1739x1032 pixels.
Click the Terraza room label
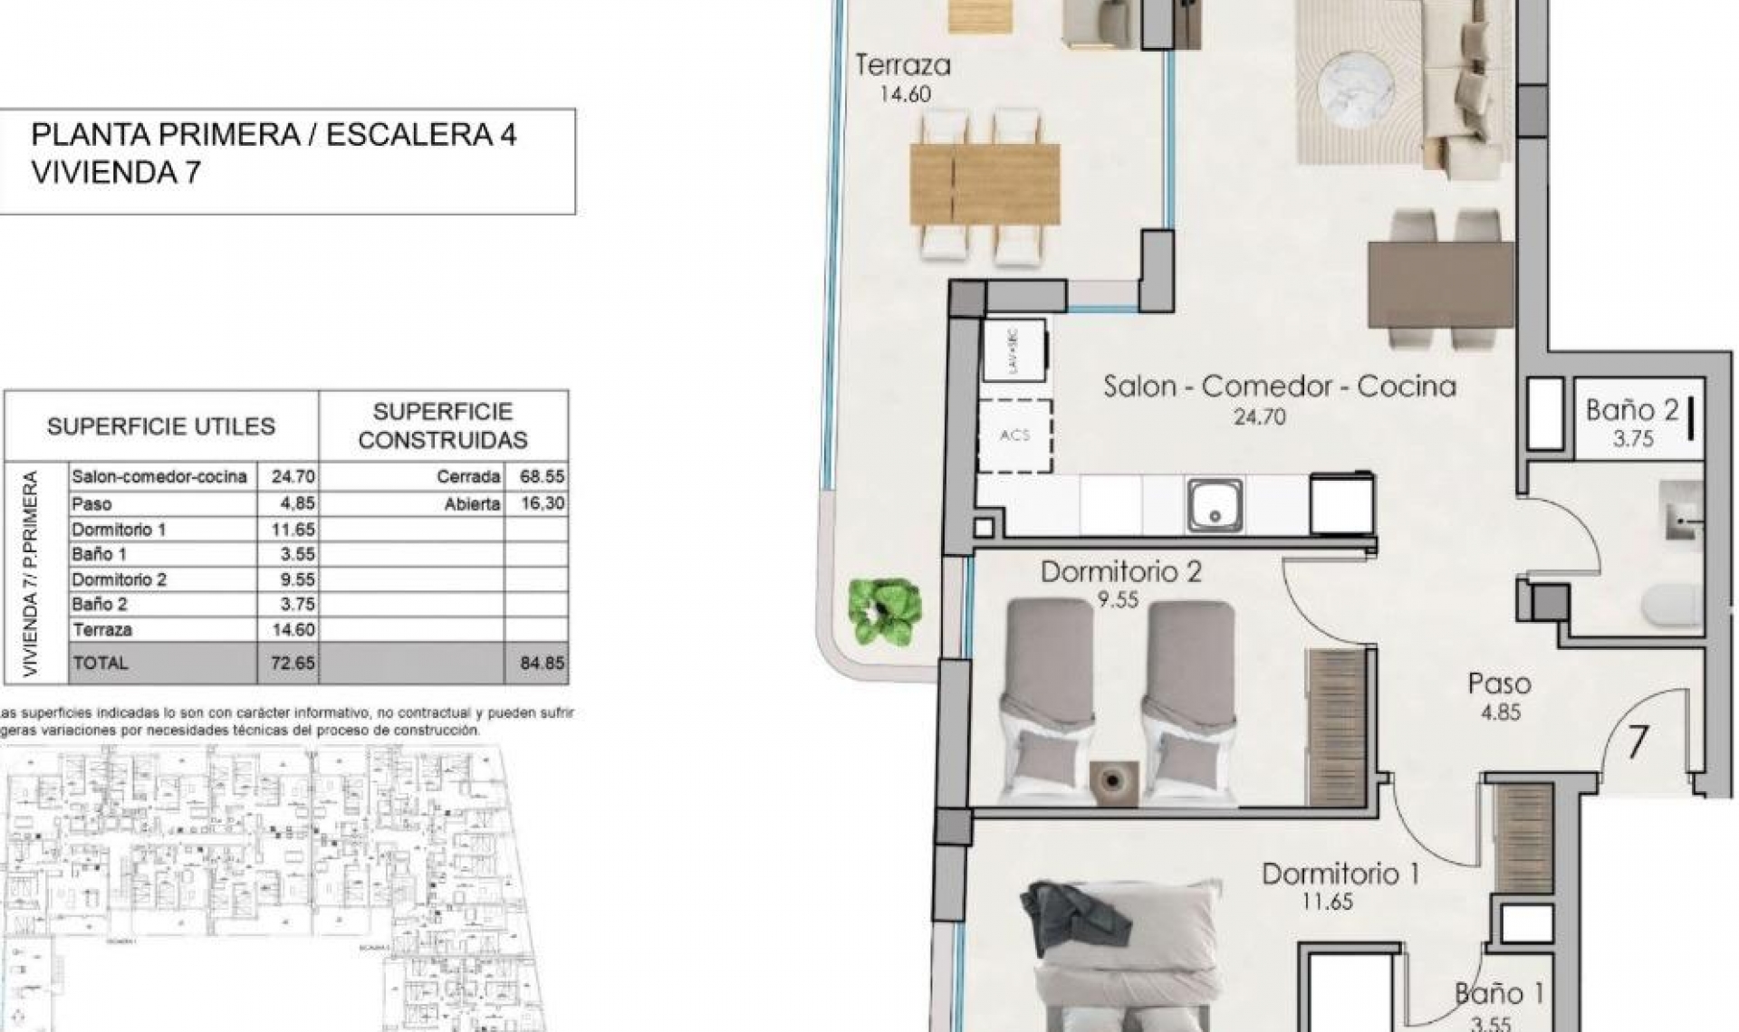coord(903,65)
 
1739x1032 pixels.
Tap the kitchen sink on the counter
coord(1215,505)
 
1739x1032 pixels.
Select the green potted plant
coord(885,612)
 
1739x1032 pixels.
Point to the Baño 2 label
coord(1632,410)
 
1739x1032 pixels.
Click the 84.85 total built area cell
coord(542,663)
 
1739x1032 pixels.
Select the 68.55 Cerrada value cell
coord(542,476)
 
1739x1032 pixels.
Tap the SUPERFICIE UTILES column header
coord(161,426)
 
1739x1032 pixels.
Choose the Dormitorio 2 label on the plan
coord(1120,572)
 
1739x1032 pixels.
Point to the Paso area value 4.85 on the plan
coord(1500,712)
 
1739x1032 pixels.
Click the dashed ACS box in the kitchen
coord(1014,435)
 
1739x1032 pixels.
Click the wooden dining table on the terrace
coord(985,184)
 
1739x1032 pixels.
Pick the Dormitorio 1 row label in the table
coord(119,530)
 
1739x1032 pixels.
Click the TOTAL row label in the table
coord(101,663)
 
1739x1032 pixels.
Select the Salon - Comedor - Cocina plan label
coord(1279,387)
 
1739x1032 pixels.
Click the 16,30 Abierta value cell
coord(542,503)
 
